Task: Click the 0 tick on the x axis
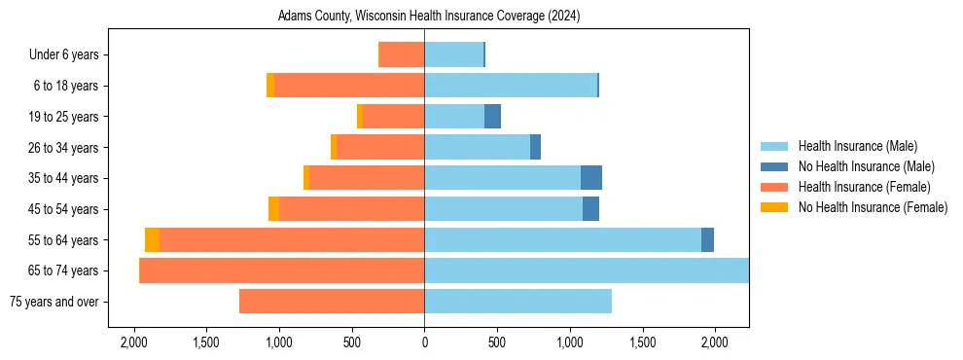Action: [x=424, y=342]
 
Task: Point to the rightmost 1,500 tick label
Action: [x=642, y=342]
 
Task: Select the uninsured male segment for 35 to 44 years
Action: [x=591, y=178]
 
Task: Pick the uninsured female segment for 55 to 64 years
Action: [x=152, y=239]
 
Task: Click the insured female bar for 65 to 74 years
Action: [x=282, y=270]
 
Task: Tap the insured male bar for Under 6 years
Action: [x=453, y=54]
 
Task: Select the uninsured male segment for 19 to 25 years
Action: [x=492, y=117]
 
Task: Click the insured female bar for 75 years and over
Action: [x=332, y=302]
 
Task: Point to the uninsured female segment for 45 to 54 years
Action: [x=273, y=209]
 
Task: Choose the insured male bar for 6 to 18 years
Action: [x=511, y=86]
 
